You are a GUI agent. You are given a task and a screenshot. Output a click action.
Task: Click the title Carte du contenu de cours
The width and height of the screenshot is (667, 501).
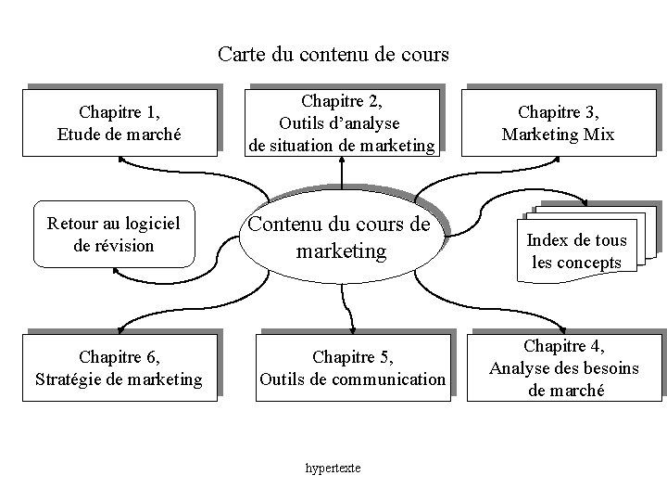coord(333,54)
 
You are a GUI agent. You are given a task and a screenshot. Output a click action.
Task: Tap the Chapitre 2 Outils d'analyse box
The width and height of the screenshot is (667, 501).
coord(342,122)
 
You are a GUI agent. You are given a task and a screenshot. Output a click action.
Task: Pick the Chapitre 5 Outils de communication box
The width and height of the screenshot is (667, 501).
coord(352,367)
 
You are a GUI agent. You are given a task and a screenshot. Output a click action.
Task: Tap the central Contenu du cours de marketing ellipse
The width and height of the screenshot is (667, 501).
coord(341,237)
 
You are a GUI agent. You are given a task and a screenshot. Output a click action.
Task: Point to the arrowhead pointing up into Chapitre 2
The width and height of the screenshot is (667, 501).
coord(343,161)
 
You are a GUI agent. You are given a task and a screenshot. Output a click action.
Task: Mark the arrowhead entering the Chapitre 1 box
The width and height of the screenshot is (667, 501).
coord(121,158)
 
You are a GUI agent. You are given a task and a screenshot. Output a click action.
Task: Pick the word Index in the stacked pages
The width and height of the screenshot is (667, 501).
coord(547,240)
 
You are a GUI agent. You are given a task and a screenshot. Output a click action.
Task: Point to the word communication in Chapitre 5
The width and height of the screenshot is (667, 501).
coord(387,379)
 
